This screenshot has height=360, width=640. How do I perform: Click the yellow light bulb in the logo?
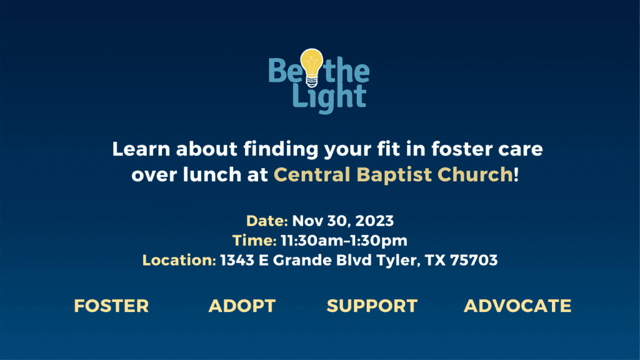coord(311,67)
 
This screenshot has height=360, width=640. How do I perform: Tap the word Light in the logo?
coord(329,98)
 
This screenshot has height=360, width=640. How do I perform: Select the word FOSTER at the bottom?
coord(111,306)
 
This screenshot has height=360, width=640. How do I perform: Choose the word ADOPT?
coord(242,306)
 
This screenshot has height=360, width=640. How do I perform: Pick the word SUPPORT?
coord(372,306)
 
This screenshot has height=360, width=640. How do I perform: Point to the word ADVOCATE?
coord(517,306)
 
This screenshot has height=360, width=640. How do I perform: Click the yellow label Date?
coord(267,221)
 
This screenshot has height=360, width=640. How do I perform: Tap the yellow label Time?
coord(254,241)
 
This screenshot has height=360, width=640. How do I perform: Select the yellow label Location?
coord(179,260)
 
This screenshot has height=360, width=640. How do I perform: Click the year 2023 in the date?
coord(374,221)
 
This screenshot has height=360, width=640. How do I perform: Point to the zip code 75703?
coord(474,260)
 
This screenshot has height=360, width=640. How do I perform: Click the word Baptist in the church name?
coord(394,175)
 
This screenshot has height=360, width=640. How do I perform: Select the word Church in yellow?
coord(475,174)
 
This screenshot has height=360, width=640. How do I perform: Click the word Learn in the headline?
coord(141,149)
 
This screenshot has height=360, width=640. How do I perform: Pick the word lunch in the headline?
coord(212,174)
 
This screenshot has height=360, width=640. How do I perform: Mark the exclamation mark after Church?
coord(516,174)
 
